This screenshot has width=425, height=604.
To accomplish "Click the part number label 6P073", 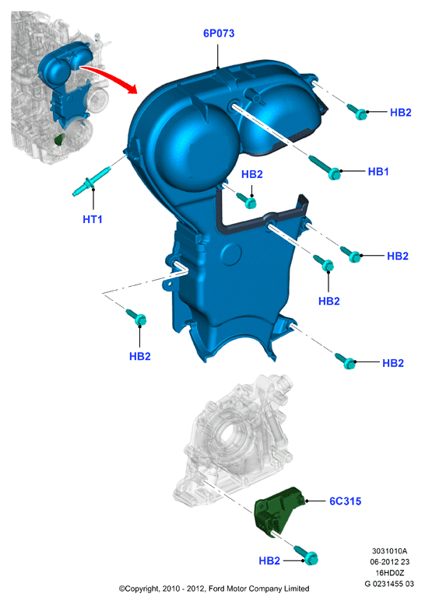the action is point(219,33).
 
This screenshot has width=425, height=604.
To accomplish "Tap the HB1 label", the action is point(378,172).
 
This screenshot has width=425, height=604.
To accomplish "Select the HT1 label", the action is point(93,219).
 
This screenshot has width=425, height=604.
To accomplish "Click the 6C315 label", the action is point(345,501).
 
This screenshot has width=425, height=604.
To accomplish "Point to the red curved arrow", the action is point(112,76).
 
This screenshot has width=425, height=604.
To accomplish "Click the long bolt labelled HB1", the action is point(325,168).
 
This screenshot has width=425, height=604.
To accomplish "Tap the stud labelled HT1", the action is point(91,180).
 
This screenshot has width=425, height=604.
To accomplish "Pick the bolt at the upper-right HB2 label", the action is point(357,111).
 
